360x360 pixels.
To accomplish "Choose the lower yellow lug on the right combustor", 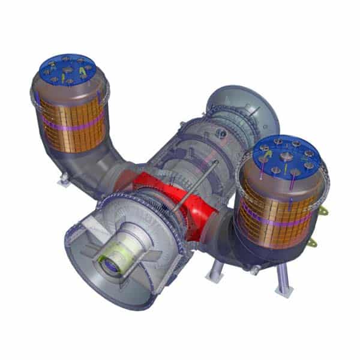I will (x=313, y=243).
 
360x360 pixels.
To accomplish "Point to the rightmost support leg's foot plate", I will (x=284, y=292).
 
